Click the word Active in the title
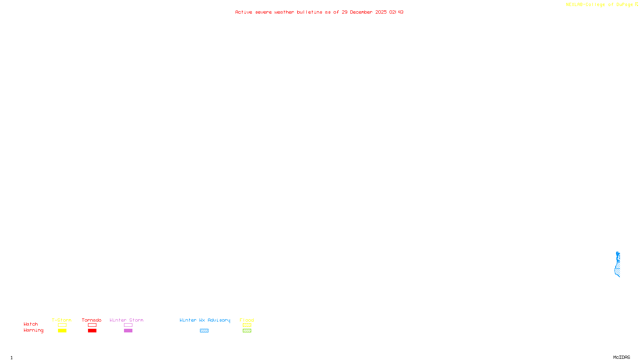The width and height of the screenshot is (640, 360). click(244, 12)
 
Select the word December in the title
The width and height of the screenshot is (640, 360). click(361, 12)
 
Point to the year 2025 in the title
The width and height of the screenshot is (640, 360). click(381, 12)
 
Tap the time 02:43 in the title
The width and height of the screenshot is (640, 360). click(396, 12)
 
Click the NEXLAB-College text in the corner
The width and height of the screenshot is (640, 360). click(585, 5)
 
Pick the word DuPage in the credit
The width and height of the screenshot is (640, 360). click(624, 5)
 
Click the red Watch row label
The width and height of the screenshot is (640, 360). click(31, 324)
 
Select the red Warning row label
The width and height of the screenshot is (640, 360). click(33, 330)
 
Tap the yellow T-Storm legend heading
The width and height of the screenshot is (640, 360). click(62, 320)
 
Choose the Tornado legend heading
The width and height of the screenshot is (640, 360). click(92, 320)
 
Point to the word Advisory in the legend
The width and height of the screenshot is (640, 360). click(219, 320)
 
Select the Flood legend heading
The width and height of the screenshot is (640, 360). click(247, 320)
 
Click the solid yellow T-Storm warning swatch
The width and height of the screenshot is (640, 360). click(62, 331)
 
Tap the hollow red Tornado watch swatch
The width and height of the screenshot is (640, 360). click(92, 325)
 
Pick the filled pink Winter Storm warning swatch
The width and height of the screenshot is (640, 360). click(128, 331)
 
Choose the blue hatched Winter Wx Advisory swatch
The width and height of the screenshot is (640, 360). click(204, 331)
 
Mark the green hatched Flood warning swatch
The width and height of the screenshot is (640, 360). click(247, 331)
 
